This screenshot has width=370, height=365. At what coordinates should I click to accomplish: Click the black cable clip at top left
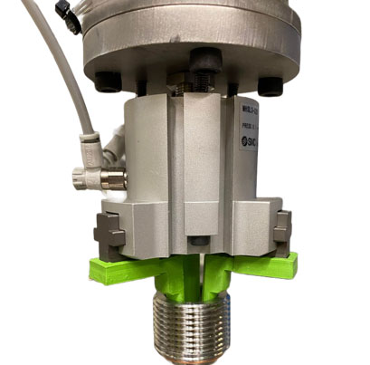click(67, 13)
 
